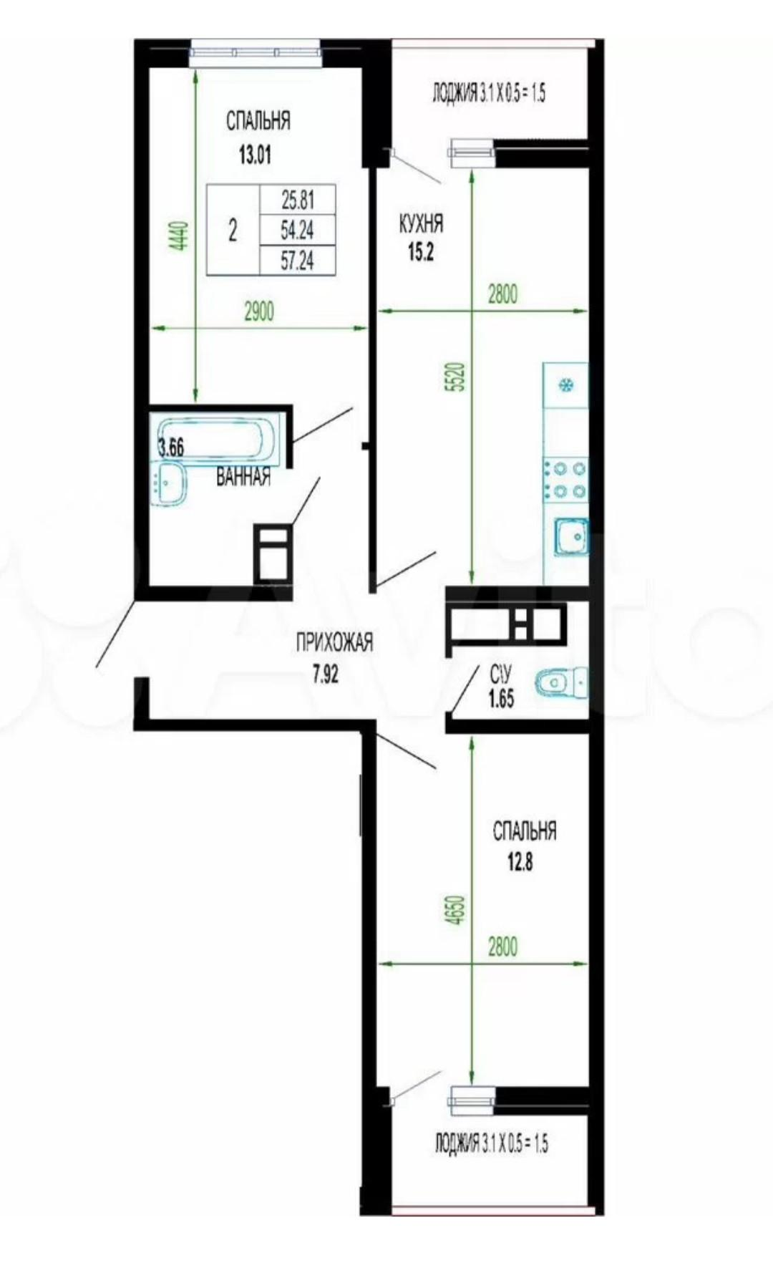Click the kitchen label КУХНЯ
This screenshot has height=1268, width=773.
coord(421,224)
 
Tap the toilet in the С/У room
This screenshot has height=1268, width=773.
coord(560,682)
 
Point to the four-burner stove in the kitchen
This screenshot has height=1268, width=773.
coord(565,480)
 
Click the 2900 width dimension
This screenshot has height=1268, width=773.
coord(259,311)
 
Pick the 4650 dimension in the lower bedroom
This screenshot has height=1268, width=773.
coord(457,909)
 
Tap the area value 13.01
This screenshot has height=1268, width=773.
coord(255,155)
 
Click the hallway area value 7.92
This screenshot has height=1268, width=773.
coord(326,674)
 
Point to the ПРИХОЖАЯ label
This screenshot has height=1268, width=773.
coord(335,643)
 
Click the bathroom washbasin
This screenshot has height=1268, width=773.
coord(169,483)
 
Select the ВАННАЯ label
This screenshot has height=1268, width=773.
coord(243,477)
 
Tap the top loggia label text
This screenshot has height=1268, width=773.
coord(490,93)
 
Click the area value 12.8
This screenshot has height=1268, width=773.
coord(520,862)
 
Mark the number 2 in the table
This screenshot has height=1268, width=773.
coord(233,232)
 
